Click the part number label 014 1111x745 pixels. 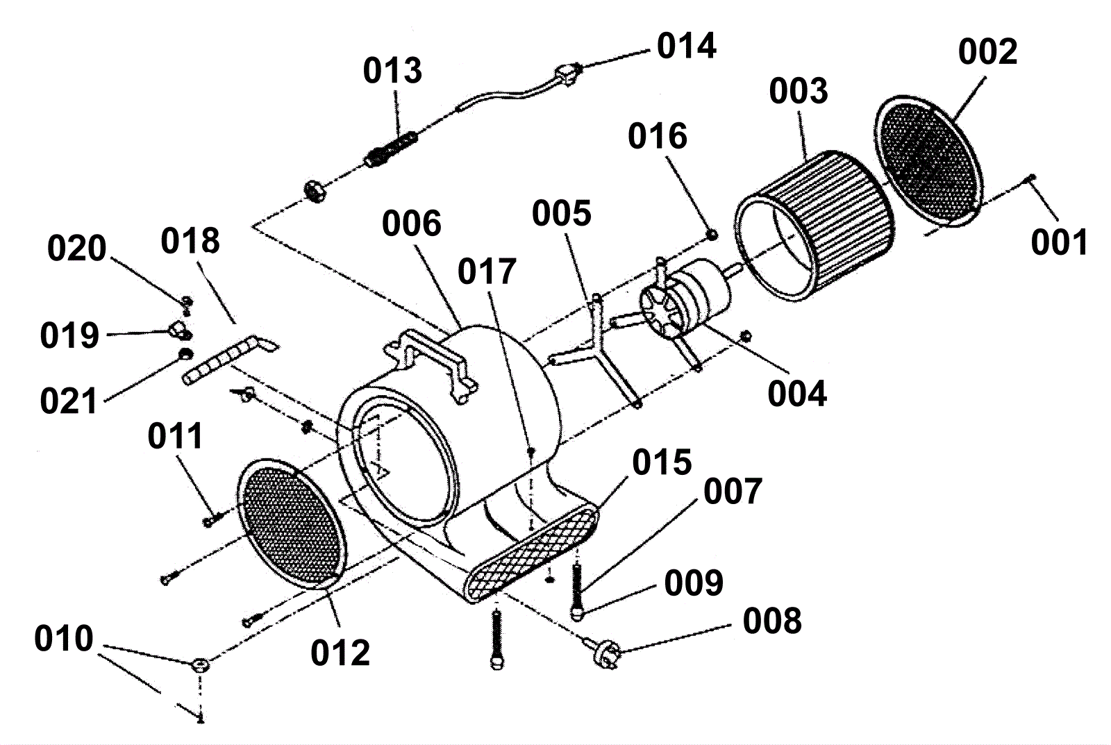pos(686,46)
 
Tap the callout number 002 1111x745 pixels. pos(987,51)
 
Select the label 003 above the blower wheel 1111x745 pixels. pos(799,91)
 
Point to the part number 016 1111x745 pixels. pos(657,136)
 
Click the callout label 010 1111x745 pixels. pos(63,639)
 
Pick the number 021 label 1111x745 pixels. pos(69,401)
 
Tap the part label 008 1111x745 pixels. pos(772,621)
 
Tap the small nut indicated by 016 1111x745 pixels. pos(712,235)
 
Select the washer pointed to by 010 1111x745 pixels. pos(199,665)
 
